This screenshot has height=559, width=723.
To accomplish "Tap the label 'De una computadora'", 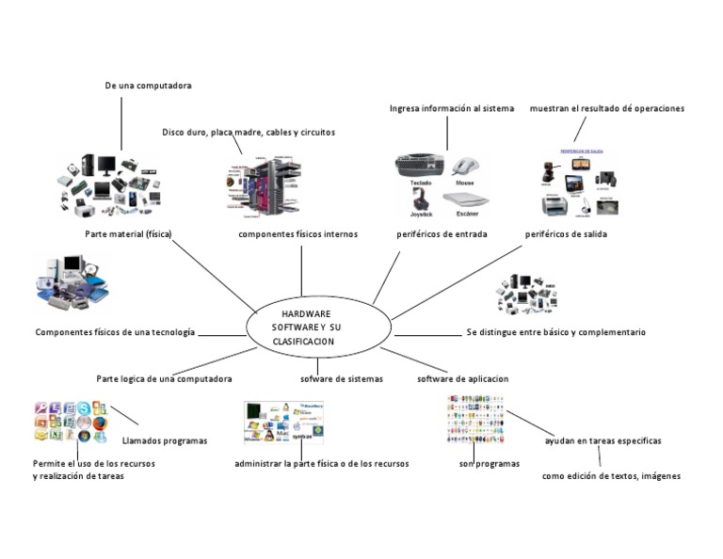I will tap(148, 86).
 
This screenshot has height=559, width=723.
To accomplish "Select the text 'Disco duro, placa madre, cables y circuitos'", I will tap(249, 133).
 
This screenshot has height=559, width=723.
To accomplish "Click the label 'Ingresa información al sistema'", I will tap(452, 109).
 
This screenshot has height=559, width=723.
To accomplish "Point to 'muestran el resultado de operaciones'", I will tap(606, 109).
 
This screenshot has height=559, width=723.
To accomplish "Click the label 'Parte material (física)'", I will tap(128, 234).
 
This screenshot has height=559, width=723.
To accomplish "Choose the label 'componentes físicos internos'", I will tap(297, 234).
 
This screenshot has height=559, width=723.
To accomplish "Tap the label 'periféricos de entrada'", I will tap(442, 234).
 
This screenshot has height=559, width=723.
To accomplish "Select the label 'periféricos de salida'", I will tap(566, 234).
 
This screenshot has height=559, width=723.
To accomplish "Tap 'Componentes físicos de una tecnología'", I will tap(115, 332).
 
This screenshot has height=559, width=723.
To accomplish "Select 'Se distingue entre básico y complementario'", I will tap(555, 332).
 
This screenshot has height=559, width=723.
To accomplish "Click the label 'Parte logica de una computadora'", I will tap(164, 378).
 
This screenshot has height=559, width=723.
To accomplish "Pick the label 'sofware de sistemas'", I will tap(342, 378).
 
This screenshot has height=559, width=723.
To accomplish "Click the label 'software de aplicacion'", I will tap(462, 378).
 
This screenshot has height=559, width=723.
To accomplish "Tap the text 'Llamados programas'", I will tap(165, 440).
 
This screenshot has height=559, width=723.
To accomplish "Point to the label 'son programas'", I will tap(489, 464).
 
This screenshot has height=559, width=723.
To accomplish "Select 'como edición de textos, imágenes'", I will tap(611, 476).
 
